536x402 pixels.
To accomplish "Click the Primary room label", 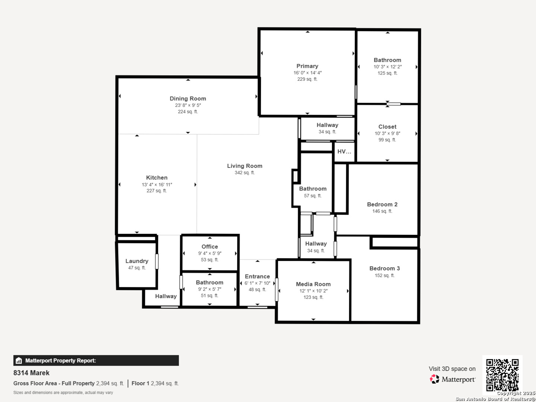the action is [307, 66].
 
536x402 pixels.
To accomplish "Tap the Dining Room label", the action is [188, 99].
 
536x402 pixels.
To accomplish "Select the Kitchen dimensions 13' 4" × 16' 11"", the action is [157, 185].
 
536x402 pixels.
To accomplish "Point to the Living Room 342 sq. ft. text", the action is [245, 173].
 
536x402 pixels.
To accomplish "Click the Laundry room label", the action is [137, 261].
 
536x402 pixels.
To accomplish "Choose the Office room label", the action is [210, 246].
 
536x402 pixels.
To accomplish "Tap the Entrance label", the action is [257, 277].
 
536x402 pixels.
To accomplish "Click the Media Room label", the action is [313, 284].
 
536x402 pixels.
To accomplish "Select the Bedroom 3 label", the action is [385, 268].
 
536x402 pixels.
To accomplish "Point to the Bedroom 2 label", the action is [382, 204].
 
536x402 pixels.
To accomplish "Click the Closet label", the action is [387, 127].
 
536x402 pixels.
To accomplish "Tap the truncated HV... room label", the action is [344, 151].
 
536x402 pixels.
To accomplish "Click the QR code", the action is [502, 375].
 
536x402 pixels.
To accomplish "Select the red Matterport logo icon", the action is [434, 379].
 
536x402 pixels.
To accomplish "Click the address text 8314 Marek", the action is [31, 373].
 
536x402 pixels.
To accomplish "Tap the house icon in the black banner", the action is [19, 361].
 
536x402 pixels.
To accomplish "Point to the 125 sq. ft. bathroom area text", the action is [387, 73].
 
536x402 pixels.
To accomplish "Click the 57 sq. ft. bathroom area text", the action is [313, 196].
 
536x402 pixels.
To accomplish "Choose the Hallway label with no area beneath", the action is [166, 296].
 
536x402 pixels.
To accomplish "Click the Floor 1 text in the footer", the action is [140, 383].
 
